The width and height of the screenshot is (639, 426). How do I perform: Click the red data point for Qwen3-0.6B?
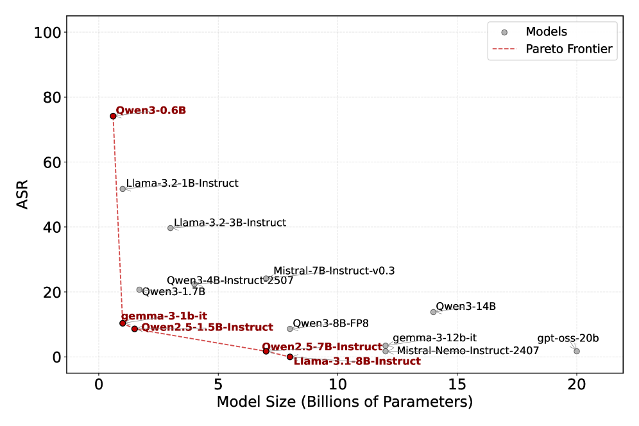point(113,116)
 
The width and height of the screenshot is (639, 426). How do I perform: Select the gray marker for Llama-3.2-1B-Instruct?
point(123,189)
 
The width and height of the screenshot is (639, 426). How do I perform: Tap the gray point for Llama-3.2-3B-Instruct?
point(171,228)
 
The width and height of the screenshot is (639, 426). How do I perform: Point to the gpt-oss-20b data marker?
point(577,351)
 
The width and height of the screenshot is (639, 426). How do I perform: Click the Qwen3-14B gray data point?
point(433,312)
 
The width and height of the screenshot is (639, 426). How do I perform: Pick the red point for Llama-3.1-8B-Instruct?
point(290,357)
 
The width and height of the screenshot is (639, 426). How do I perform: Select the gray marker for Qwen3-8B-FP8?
point(290,328)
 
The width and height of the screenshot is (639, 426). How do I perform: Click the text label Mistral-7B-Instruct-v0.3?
point(334,271)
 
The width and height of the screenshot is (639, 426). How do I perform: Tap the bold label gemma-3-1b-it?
point(164,316)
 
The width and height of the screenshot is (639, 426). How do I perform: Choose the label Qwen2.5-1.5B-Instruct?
point(207,327)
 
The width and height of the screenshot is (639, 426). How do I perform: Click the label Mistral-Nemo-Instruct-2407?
point(468,351)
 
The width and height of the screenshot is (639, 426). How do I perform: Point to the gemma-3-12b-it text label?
point(434,337)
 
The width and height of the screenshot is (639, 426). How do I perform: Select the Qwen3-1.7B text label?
point(173,292)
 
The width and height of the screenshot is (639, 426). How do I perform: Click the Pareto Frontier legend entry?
point(568,49)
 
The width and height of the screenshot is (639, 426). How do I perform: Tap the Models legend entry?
point(546,31)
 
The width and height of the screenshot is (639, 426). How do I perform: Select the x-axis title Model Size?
point(345,402)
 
